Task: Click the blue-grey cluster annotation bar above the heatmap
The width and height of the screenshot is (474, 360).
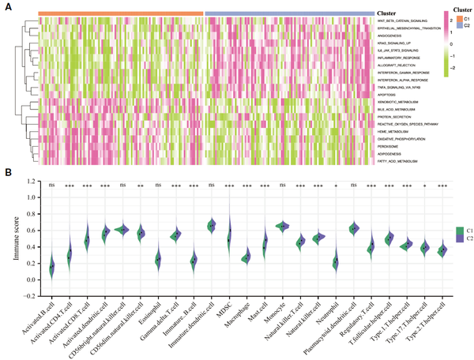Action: tap(289, 13)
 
